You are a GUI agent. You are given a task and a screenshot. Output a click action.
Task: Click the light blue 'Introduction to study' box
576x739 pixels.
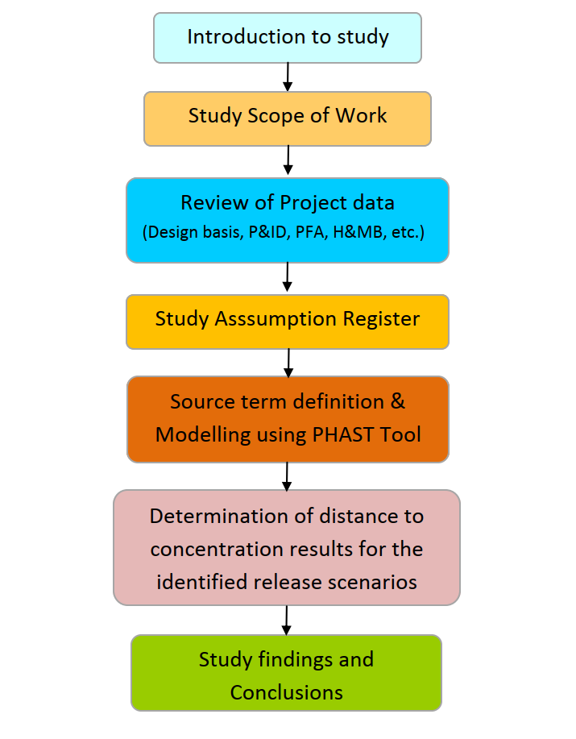pos(288,38)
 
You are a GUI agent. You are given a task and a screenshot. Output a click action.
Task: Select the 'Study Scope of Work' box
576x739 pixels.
pos(288,118)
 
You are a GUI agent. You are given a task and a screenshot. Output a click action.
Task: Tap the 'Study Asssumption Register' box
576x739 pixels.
pos(288,321)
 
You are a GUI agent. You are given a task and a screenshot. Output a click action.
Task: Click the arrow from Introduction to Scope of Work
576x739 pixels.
pos(288,77)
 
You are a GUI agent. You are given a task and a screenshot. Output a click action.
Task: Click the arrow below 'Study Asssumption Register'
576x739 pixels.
pos(288,363)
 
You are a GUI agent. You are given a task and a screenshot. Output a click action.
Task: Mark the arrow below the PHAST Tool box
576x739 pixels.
pos(287,476)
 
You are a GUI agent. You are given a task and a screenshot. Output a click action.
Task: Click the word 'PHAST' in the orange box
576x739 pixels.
pos(337,434)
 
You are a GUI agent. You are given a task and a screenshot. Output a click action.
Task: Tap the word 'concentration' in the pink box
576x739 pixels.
pos(215,550)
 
